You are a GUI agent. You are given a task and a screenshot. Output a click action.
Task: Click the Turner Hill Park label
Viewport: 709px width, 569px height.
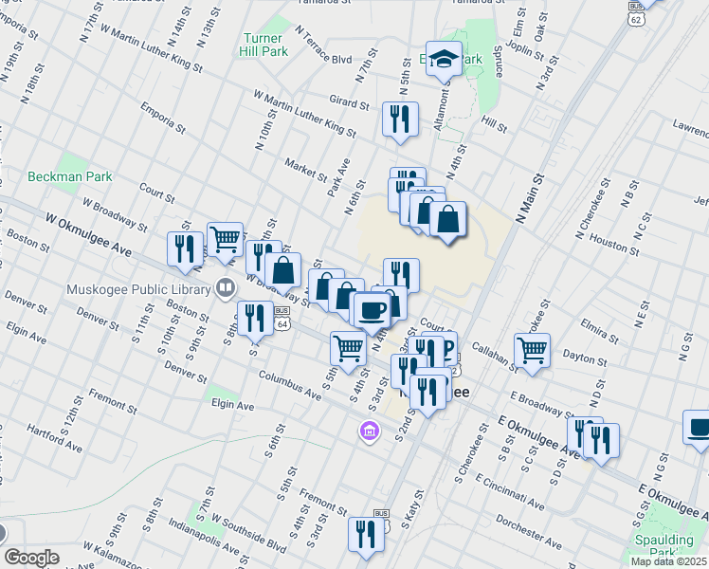click(263, 43)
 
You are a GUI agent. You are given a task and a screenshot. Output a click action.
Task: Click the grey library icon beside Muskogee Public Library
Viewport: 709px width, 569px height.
click(226, 285)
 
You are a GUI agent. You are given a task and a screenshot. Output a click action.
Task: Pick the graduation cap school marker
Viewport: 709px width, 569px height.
click(444, 60)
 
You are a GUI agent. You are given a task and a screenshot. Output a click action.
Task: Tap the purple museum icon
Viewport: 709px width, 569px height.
click(369, 433)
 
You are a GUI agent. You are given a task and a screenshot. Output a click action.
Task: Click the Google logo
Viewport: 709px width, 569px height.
click(32, 558)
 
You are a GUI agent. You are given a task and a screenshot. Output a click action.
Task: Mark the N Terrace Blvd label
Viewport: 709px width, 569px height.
click(322, 46)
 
